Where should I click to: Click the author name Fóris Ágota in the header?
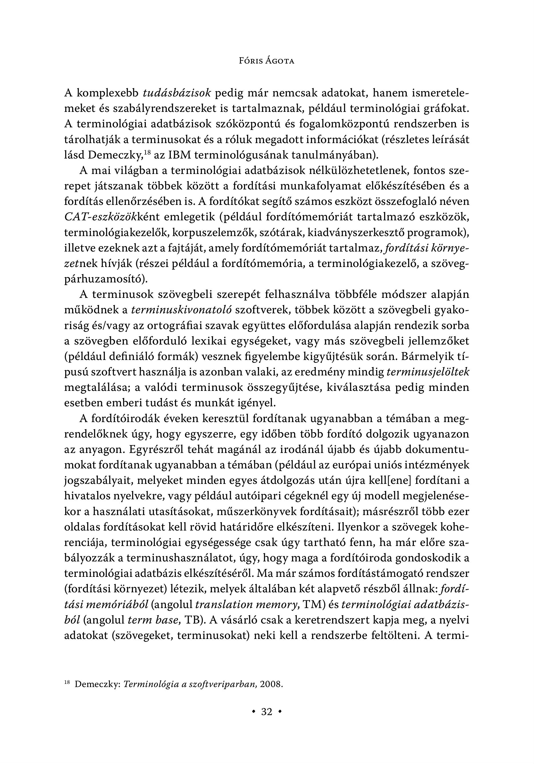[267, 61]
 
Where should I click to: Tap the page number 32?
[267, 712]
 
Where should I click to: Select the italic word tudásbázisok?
[177, 93]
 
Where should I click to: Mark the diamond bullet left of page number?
[254, 712]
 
